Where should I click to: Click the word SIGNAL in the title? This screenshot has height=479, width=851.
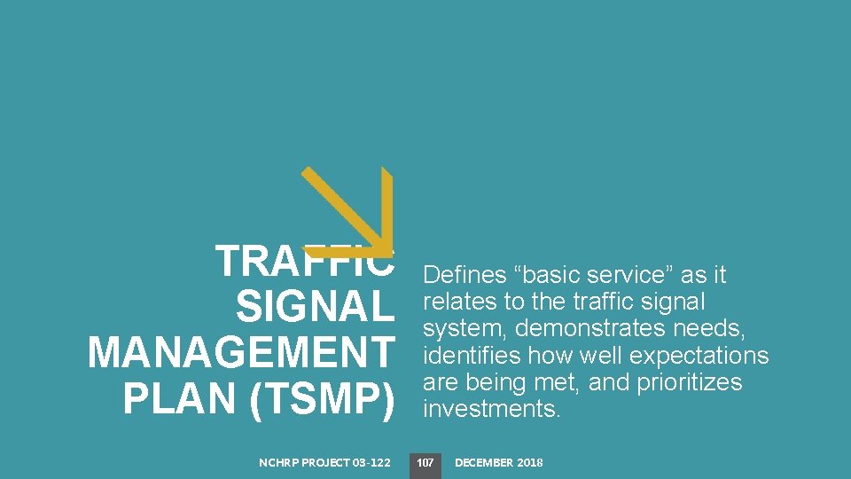tap(315, 308)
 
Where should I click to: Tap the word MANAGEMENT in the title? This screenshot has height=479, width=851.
tap(240, 354)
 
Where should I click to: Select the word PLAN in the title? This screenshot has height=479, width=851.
tap(181, 399)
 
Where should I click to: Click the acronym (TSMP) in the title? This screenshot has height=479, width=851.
tap(322, 399)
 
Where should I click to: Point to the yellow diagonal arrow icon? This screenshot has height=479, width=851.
tap(347, 211)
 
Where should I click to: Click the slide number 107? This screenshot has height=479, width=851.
tap(425, 463)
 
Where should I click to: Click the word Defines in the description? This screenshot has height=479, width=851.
tap(466, 275)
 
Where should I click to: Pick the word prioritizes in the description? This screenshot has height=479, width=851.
tap(690, 382)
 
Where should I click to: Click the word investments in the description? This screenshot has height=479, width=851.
tap(492, 409)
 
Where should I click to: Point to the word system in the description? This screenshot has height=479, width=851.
tap(465, 329)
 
